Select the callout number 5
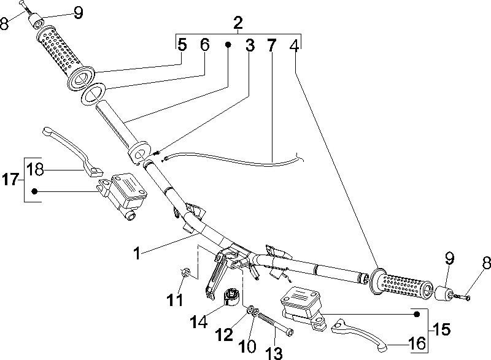tap(182, 45)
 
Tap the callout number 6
tap(205, 45)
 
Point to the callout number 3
tap(250, 45)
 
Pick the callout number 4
tap(295, 45)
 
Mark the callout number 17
tap(10, 180)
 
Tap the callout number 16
tap(417, 344)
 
